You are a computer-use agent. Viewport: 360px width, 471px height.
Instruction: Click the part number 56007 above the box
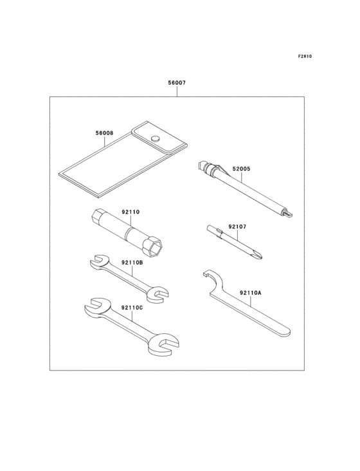[x=177, y=83]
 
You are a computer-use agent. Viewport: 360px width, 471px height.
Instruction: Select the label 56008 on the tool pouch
[x=104, y=133]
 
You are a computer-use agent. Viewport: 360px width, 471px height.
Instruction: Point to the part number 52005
[x=241, y=169]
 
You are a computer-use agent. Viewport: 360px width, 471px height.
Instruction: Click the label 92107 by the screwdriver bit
[x=237, y=226]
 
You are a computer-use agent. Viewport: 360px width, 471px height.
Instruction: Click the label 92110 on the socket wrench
[x=130, y=212]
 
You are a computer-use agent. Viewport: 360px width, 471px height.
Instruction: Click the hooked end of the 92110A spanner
[x=206, y=277]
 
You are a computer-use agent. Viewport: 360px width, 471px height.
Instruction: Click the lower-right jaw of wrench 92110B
[x=157, y=295]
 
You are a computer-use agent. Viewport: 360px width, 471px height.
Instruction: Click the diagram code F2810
[x=304, y=57]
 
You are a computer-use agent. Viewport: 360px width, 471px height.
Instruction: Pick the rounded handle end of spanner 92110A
[x=285, y=333]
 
